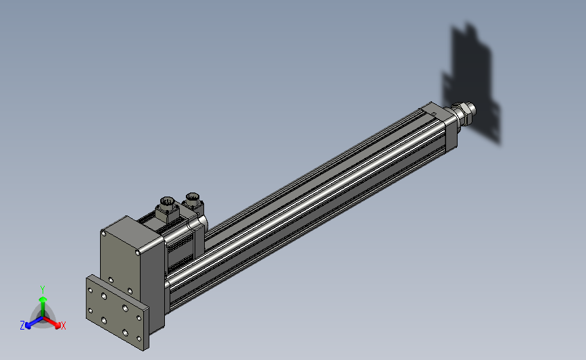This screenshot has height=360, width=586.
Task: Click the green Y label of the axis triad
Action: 43,290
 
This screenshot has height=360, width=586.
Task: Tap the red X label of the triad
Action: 63,326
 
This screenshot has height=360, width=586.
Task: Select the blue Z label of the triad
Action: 22,326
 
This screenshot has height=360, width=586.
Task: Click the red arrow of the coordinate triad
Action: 52,323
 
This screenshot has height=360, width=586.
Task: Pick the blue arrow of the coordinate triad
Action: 34,322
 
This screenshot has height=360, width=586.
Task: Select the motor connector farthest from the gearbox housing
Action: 193,203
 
